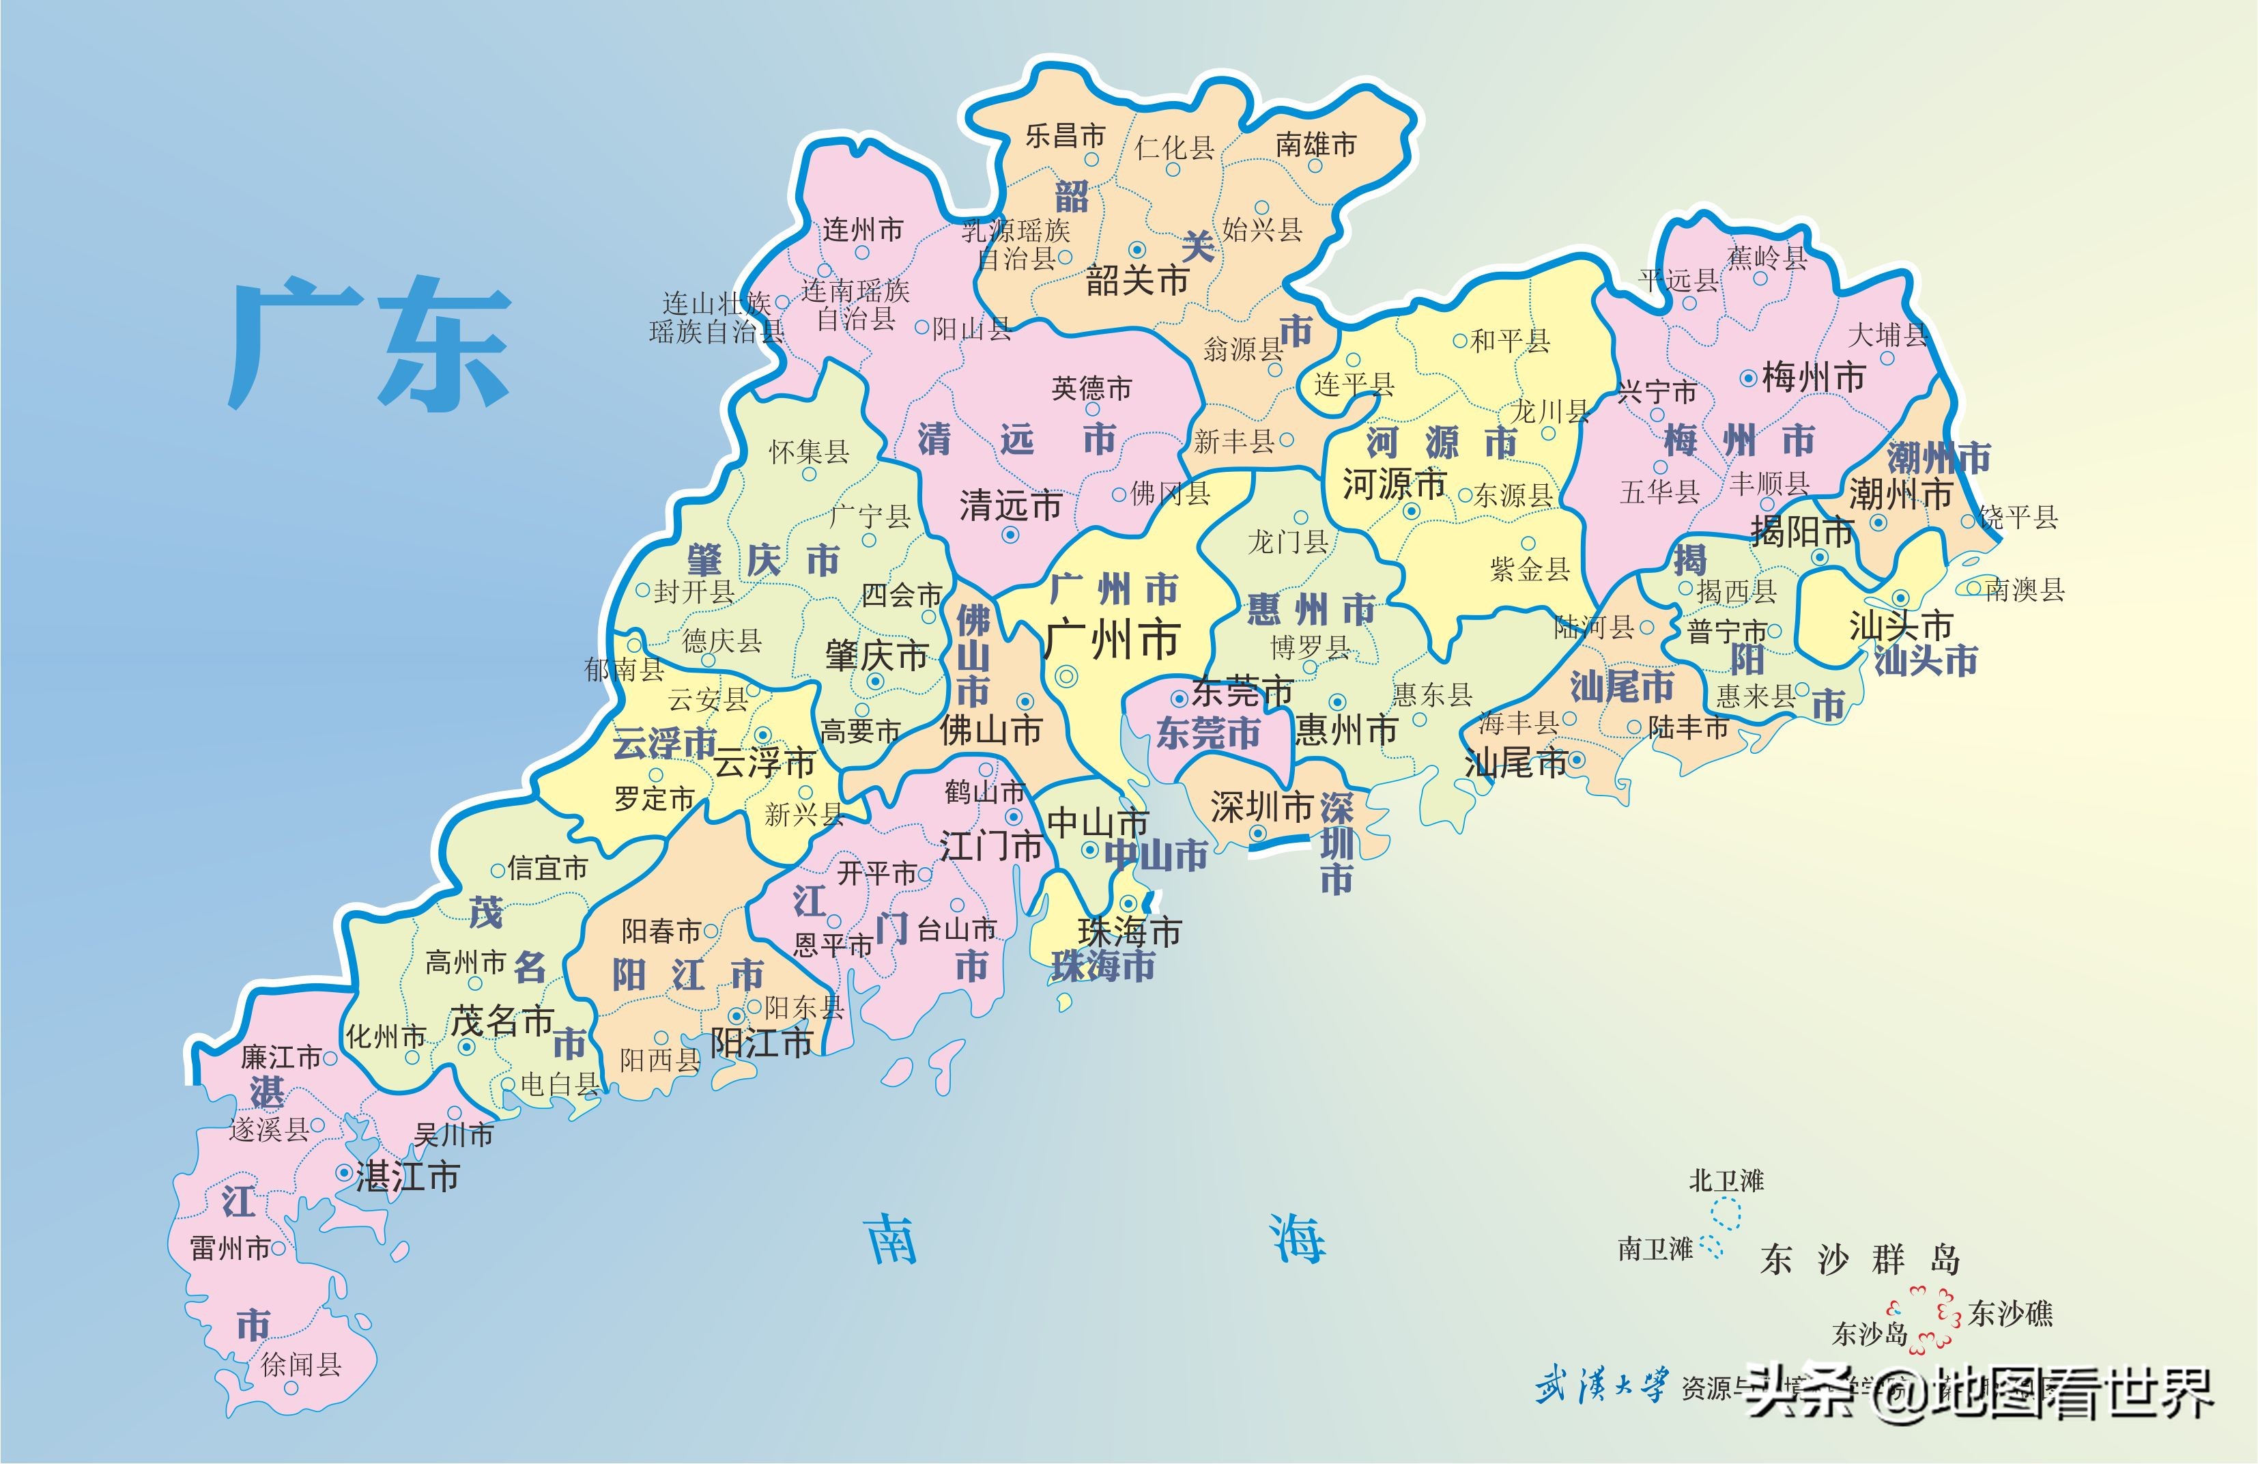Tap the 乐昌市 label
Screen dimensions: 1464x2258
click(1064, 136)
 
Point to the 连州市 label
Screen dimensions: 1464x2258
click(862, 229)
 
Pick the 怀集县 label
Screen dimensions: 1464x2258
click(808, 451)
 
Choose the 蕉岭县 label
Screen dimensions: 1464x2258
click(1767, 257)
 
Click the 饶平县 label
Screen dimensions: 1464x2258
click(2018, 517)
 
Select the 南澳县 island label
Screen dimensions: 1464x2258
click(2024, 590)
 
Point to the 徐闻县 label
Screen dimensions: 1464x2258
click(301, 1364)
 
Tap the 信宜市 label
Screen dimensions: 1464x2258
click(547, 868)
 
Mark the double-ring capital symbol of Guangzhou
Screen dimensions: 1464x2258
click(1066, 677)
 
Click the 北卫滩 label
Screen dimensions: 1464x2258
click(1726, 1181)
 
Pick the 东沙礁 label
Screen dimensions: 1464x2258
click(2010, 1313)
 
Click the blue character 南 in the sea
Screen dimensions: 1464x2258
click(893, 1238)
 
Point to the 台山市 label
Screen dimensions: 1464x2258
click(957, 930)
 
